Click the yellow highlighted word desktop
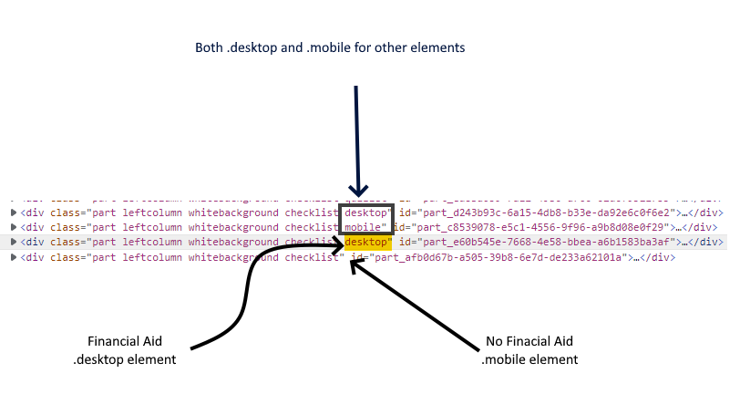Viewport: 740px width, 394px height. click(367, 243)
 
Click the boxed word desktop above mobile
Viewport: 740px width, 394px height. click(367, 213)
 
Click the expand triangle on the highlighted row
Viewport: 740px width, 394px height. click(13, 243)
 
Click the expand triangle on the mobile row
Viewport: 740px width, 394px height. click(13, 227)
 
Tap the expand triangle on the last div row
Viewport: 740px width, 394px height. click(13, 257)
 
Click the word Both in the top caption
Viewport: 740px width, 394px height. click(209, 47)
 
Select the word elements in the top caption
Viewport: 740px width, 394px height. click(442, 47)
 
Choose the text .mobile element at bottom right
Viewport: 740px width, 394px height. click(529, 359)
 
